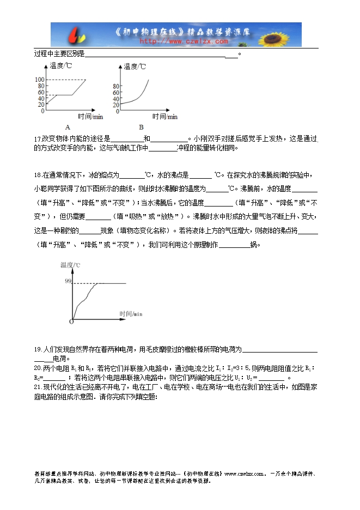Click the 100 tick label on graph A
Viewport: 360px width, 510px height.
pyautogui.click(x=40, y=80)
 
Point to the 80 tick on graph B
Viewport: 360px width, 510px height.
pyautogui.click(x=115, y=86)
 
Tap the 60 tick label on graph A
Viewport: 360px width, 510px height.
pyautogui.click(x=41, y=92)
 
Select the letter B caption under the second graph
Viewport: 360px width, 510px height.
pyautogui.click(x=141, y=127)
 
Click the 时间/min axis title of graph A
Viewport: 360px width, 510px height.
pyautogui.click(x=89, y=117)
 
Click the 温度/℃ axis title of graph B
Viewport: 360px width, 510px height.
pyautogui.click(x=135, y=66)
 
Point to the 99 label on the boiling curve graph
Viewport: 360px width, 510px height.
pyautogui.click(x=68, y=281)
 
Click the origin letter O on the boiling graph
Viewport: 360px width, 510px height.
pyautogui.click(x=71, y=321)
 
